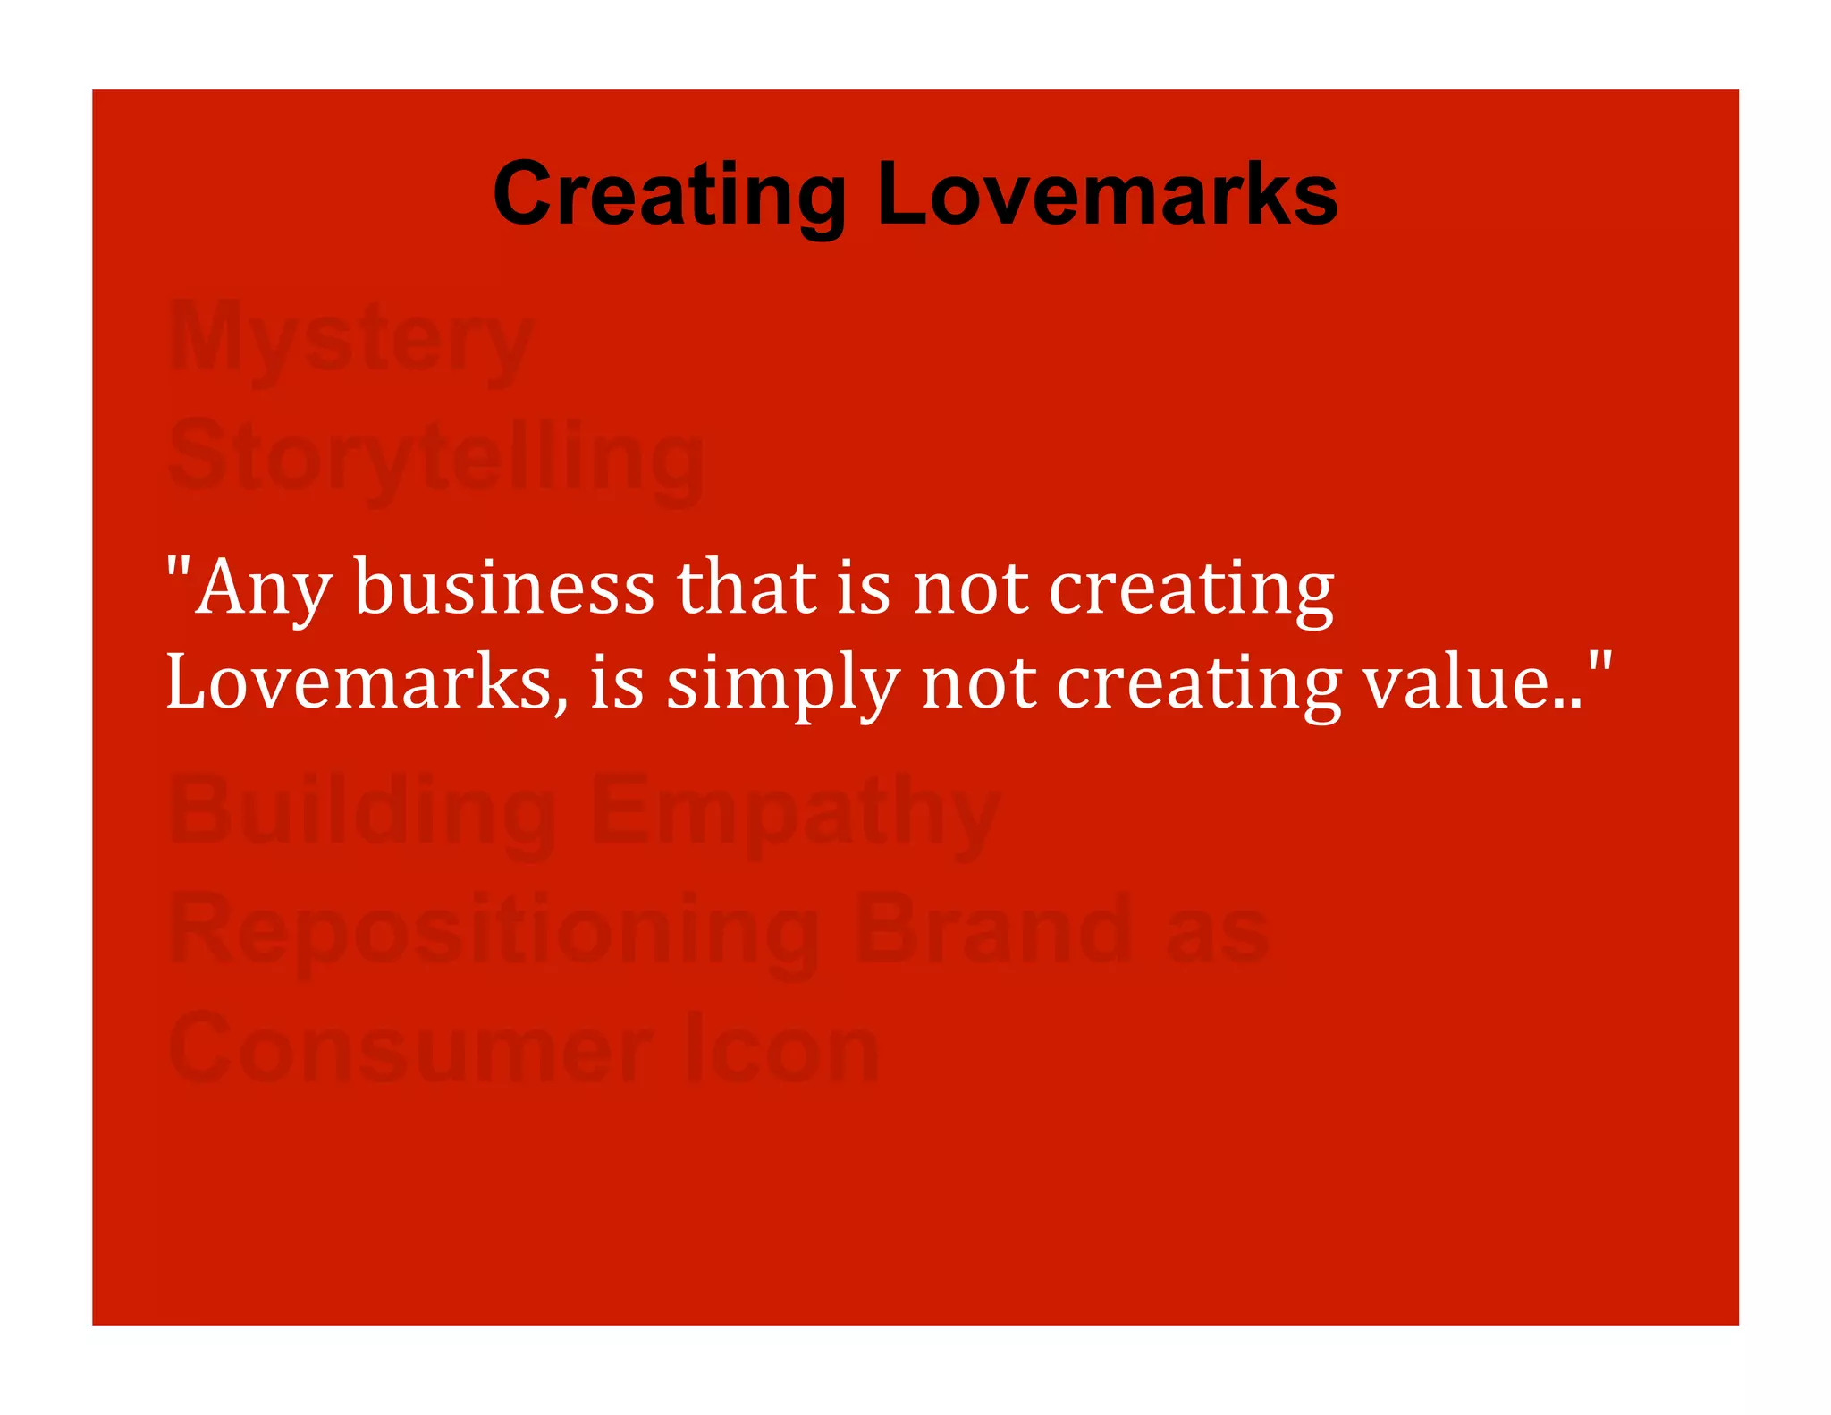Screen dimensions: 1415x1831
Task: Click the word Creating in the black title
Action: coord(670,195)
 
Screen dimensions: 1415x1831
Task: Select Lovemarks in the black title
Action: coord(1107,195)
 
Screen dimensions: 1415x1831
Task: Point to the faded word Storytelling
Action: coord(435,458)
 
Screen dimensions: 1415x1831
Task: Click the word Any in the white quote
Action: coord(264,589)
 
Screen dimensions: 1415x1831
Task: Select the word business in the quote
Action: coord(504,589)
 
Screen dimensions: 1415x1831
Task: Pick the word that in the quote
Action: coord(747,589)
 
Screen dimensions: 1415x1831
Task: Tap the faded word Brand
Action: coord(992,930)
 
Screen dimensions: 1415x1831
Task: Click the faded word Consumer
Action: coord(411,1048)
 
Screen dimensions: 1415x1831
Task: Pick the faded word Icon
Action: coord(782,1048)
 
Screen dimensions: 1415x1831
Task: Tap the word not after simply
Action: coord(979,684)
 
